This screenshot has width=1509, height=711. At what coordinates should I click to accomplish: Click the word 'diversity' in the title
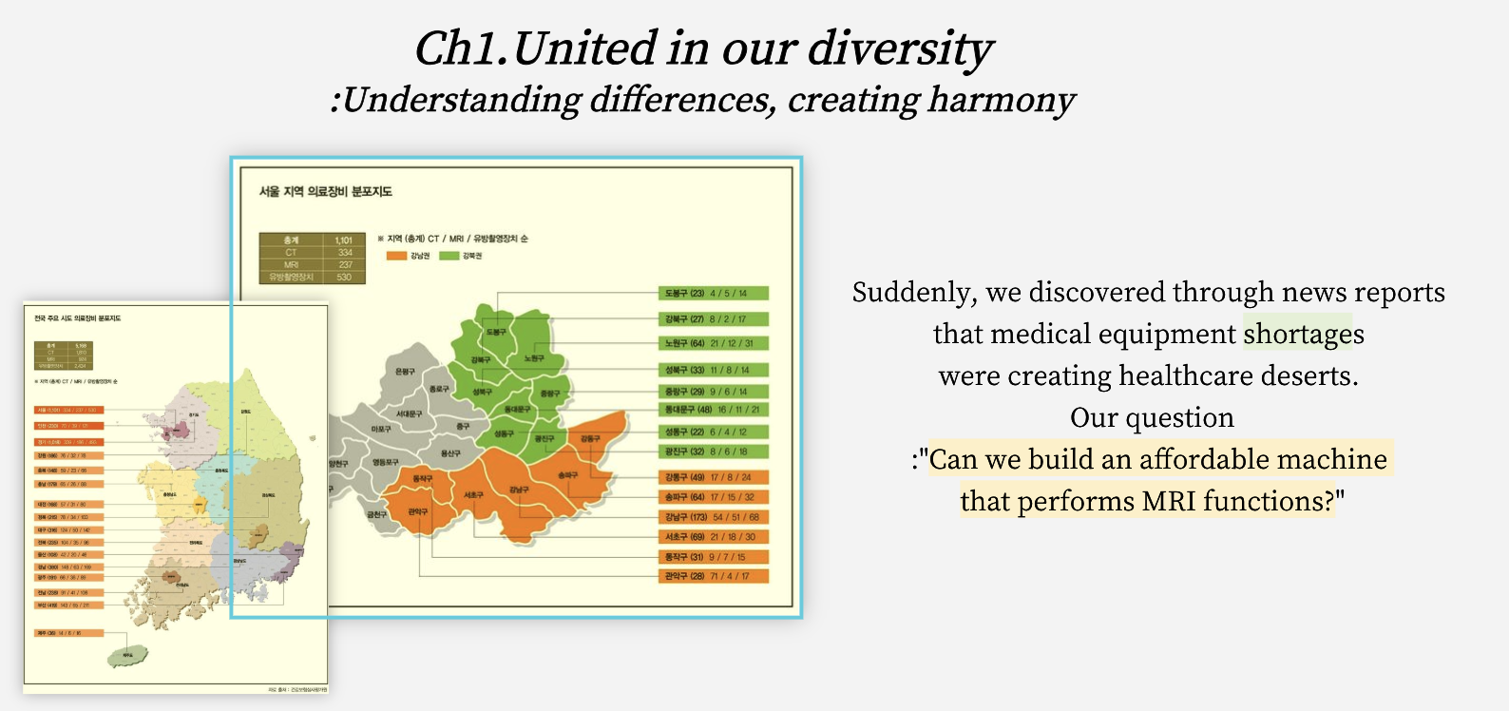(899, 49)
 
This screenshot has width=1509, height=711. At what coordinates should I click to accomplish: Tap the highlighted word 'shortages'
(1303, 334)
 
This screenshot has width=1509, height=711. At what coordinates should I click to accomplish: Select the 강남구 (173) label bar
(713, 517)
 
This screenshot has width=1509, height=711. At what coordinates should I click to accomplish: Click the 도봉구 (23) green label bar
(713, 293)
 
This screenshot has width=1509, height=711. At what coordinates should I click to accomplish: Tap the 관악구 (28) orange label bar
(713, 576)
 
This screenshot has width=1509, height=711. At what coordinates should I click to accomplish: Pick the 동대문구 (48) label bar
(713, 410)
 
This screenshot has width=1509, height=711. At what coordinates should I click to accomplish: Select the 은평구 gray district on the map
(406, 372)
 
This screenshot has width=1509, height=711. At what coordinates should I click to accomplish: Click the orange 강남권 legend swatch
(396, 256)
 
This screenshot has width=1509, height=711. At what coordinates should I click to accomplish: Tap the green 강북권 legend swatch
(449, 256)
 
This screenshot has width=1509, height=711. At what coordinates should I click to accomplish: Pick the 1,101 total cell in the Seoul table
(344, 240)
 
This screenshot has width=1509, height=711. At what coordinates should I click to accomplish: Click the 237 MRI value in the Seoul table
(344, 264)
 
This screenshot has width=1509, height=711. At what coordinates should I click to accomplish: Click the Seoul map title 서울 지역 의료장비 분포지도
(326, 191)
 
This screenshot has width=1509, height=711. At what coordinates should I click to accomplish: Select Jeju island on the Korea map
(128, 655)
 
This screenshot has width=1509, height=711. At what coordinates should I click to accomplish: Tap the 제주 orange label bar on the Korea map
(68, 632)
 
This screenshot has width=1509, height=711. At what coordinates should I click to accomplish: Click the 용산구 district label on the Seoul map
(450, 453)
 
